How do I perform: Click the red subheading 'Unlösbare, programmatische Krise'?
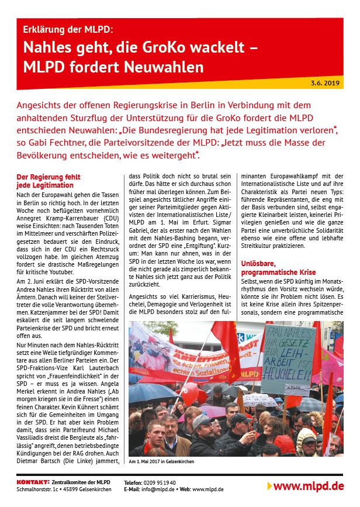(278, 268)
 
